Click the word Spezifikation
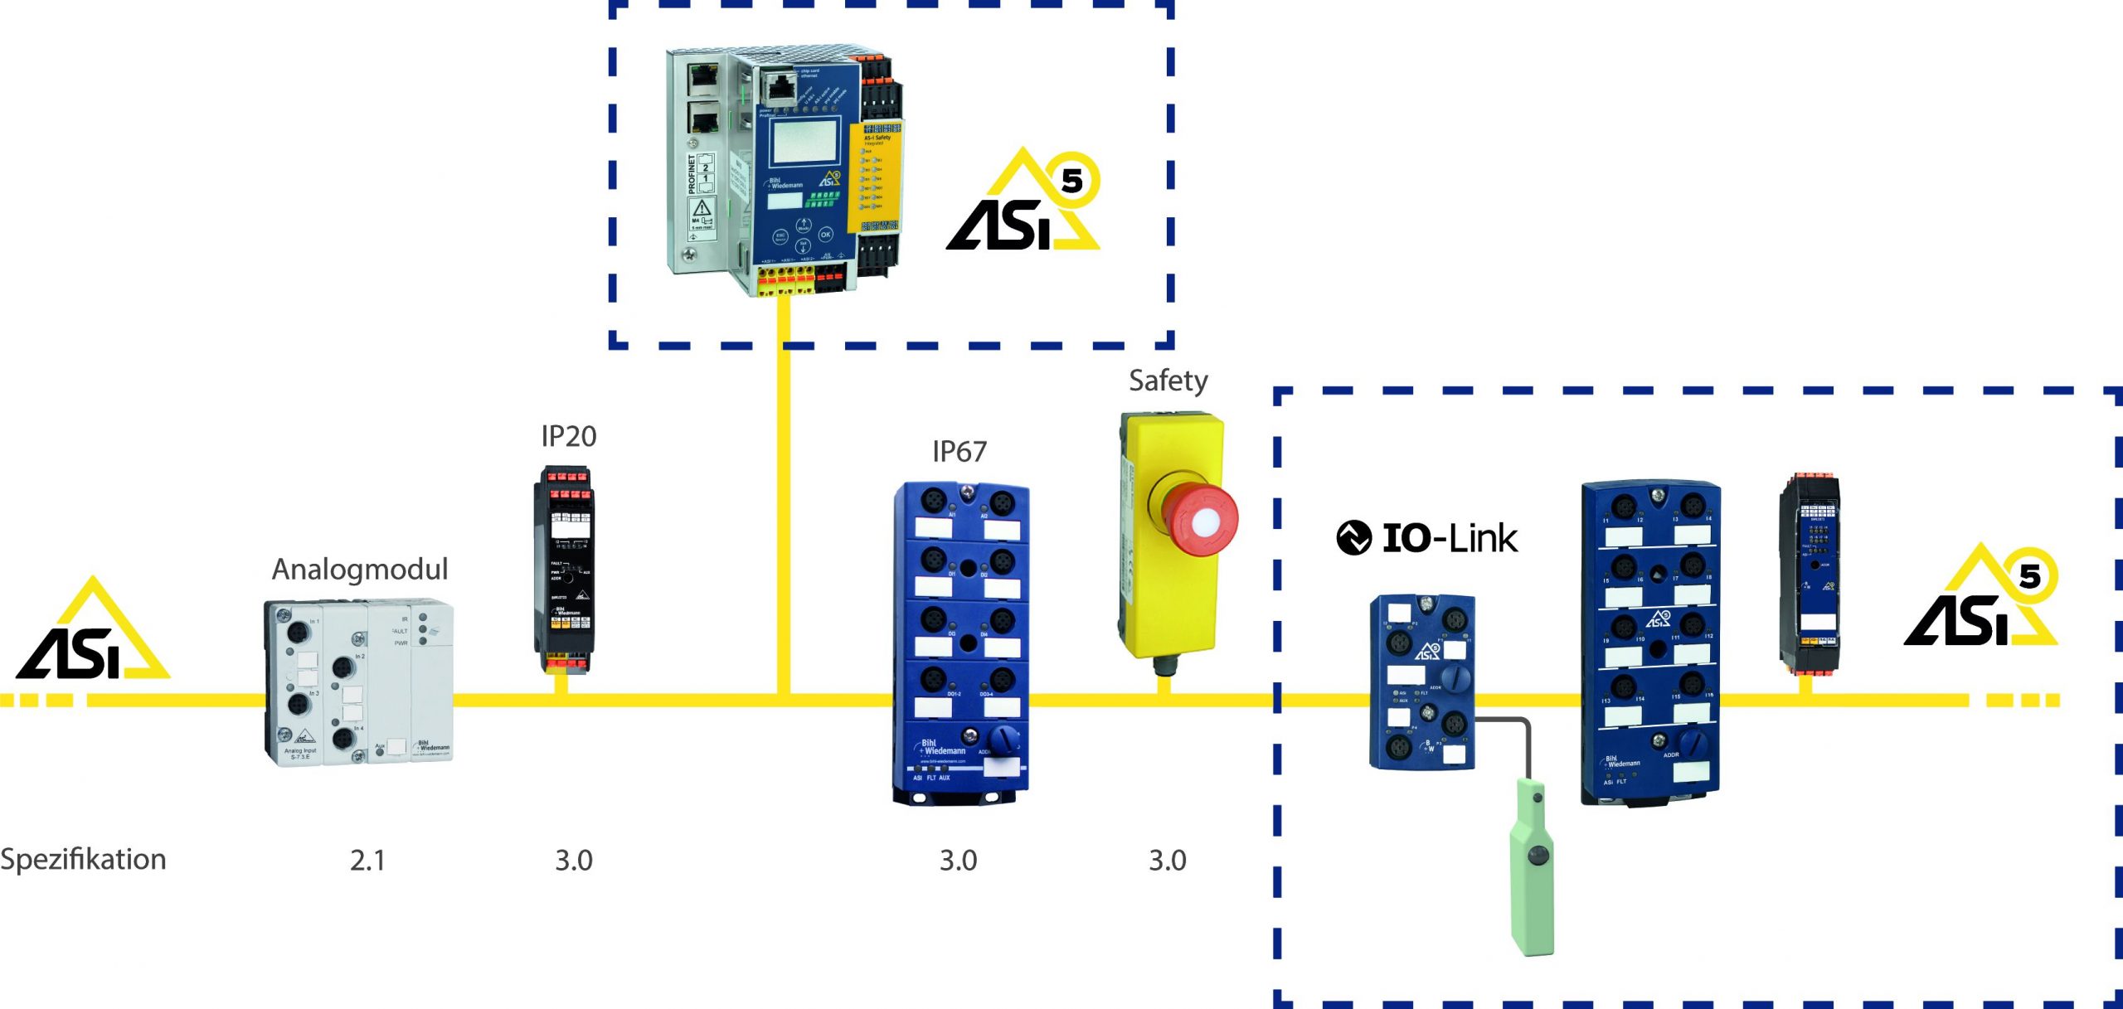coord(83,860)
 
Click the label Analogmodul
coord(360,570)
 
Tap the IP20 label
coord(568,436)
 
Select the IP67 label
coord(959,452)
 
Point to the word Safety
coord(1168,381)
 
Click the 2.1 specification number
coord(367,861)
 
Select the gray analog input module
coord(359,682)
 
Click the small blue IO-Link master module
coord(1421,682)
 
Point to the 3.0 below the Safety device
coord(1167,861)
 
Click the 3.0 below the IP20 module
coord(574,861)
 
